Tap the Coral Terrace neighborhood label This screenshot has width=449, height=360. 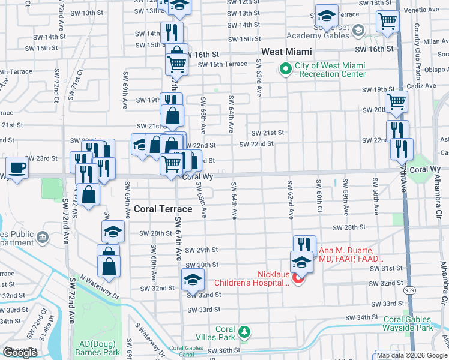coord(163,209)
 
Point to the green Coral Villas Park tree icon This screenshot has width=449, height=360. coord(244,331)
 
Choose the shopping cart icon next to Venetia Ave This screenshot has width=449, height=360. coord(387,20)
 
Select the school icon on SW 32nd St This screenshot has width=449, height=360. coord(193,279)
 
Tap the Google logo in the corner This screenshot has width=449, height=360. coord(20,353)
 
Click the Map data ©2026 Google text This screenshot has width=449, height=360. coord(412,355)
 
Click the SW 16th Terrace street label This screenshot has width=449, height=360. coord(222,64)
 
